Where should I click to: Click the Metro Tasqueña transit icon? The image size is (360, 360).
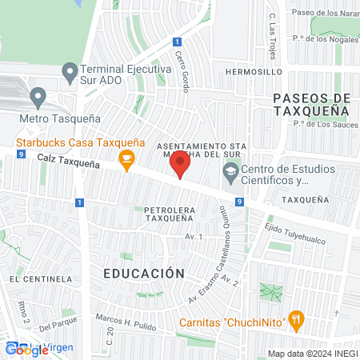click(37, 98)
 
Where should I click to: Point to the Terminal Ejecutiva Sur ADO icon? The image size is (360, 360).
click(70, 70)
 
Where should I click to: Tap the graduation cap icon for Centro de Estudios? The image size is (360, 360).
click(230, 170)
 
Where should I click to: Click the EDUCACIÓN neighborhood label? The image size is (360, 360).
click(144, 273)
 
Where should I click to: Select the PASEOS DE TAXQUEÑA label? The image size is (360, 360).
click(312, 105)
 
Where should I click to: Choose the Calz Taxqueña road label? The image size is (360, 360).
click(69, 162)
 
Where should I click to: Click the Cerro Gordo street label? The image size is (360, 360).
click(182, 72)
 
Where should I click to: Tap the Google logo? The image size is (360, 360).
click(26, 350)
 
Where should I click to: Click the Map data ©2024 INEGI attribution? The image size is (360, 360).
click(313, 354)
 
